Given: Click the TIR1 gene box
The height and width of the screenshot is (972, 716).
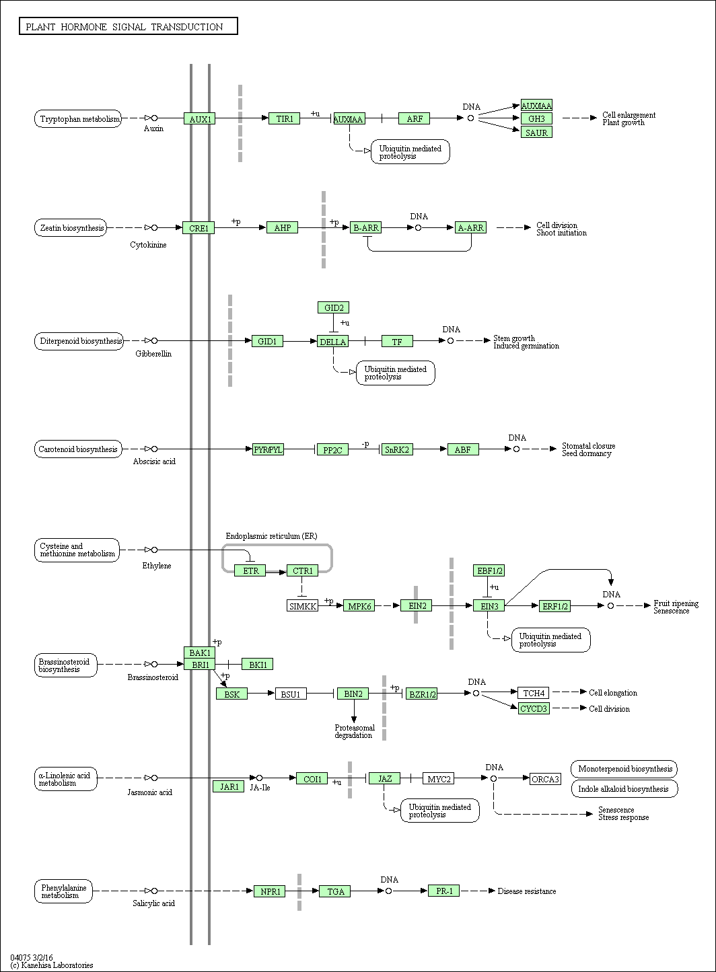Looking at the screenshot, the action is point(285,118).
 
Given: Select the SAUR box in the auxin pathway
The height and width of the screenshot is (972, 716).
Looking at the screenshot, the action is point(537,133).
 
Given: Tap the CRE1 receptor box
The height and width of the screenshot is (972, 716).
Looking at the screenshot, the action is point(199,228).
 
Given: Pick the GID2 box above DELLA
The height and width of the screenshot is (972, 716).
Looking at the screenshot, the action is point(334,307).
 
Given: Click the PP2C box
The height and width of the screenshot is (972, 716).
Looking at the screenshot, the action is point(332,449).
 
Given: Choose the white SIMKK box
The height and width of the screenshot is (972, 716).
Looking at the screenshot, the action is point(303,606).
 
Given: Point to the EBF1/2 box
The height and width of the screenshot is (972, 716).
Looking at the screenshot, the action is point(489,570).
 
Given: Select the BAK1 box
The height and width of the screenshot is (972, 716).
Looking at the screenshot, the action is point(200,652).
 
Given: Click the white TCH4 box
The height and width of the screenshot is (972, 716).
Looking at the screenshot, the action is point(533,693).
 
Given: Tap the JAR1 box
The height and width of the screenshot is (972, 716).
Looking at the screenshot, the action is point(229,787).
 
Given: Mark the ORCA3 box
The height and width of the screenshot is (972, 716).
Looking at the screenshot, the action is point(545,779).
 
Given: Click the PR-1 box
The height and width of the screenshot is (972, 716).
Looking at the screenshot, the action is point(443,891).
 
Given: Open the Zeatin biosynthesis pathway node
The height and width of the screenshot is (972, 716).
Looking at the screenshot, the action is point(71,228).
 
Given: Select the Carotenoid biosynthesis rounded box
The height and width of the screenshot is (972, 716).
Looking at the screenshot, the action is point(78,449).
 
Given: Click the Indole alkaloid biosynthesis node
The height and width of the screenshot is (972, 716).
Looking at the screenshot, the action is point(624,789).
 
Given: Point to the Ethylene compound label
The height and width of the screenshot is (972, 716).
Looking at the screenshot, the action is point(157,566).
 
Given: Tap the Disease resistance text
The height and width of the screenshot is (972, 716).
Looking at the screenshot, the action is point(527,891).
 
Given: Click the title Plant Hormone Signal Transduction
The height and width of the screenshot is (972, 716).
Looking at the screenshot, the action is point(124,27).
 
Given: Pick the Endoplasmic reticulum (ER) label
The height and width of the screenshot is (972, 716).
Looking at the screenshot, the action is point(271,536).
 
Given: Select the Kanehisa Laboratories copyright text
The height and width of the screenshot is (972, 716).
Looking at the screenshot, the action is point(52,965).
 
